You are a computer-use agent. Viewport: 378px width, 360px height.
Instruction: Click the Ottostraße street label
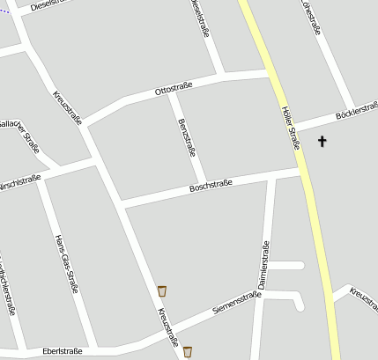coord(174,88)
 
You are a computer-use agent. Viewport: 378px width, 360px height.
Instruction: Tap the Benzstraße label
coord(187,136)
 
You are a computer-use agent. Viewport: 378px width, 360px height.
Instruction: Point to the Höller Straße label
coord(290,128)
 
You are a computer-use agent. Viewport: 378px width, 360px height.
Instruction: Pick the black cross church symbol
coord(322,140)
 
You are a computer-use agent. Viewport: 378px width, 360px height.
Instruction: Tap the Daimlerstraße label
coord(263,265)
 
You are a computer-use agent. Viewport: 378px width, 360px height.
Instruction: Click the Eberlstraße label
coord(62,351)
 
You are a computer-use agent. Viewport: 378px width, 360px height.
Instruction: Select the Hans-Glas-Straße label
coord(67,263)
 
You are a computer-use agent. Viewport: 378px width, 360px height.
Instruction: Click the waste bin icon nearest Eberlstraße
coord(187,352)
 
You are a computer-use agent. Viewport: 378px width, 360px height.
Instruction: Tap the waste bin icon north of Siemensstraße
coord(162,290)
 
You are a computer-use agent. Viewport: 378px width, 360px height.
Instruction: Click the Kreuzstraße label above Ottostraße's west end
coord(67,107)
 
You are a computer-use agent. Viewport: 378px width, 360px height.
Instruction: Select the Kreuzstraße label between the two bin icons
coord(167,327)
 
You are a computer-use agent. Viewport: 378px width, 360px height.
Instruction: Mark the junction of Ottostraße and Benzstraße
coord(171,92)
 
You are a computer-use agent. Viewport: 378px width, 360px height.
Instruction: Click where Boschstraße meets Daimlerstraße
coord(272,178)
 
